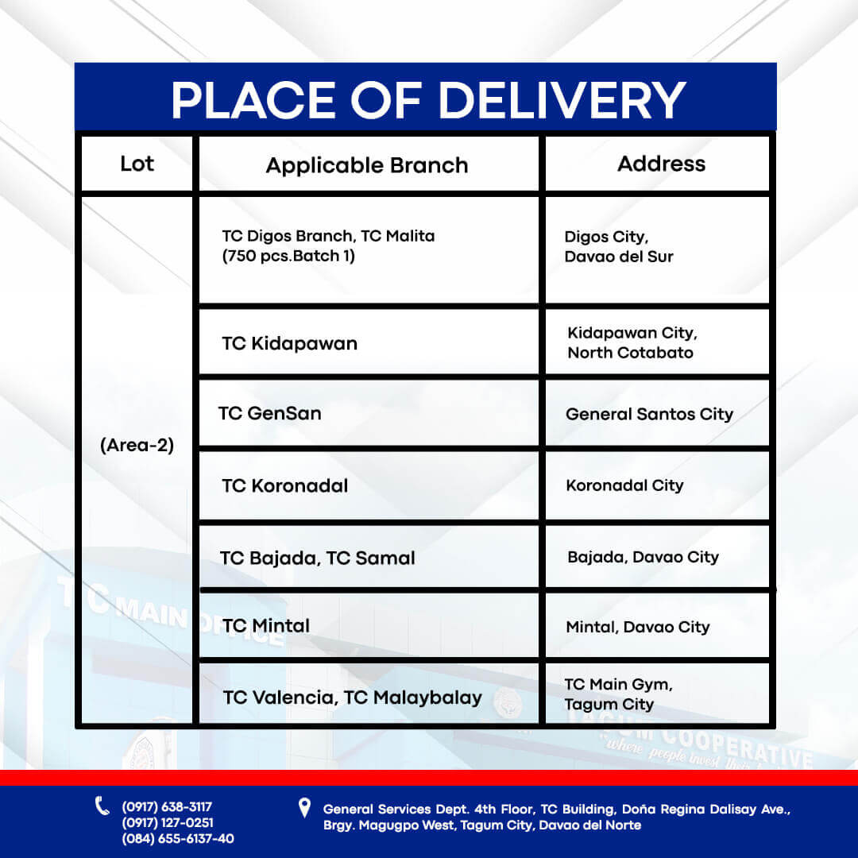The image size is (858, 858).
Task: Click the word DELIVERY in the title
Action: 562,100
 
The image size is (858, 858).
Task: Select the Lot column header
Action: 137,164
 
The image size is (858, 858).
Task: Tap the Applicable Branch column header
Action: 367,165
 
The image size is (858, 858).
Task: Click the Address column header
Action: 661,164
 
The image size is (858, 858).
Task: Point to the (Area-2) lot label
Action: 137,445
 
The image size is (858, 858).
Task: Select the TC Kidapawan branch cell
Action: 289,344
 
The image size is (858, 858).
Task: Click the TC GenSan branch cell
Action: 270,413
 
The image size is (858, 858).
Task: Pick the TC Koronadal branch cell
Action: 284,485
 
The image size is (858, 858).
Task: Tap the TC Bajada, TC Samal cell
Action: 317,558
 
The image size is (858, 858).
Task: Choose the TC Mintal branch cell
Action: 266,625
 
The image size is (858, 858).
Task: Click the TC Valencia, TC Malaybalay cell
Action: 353,698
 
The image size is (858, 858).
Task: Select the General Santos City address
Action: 650,414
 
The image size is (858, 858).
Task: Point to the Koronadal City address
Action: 624,485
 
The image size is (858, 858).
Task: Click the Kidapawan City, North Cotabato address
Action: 632,342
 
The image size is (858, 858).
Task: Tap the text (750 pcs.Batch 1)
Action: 288,256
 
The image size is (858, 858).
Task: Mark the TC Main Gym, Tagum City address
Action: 618,694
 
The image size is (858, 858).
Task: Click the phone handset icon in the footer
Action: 102,806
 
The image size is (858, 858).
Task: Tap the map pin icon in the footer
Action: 305,808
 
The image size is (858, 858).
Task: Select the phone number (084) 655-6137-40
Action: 178,839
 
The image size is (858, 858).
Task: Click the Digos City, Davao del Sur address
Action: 618,247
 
